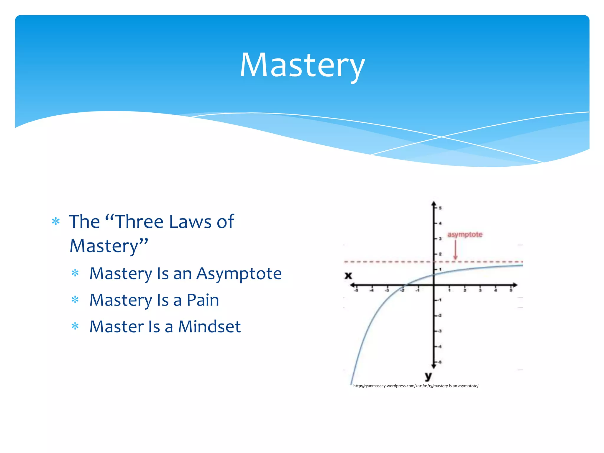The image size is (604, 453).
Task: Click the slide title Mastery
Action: (302, 65)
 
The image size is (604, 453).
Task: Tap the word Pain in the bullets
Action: (203, 300)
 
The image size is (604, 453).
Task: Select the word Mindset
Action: (209, 327)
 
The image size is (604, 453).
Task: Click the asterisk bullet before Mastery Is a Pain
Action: (75, 300)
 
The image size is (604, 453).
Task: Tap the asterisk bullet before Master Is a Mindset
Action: (75, 326)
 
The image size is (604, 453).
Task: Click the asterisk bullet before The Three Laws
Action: (56, 221)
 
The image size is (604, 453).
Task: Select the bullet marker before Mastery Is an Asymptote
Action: (75, 273)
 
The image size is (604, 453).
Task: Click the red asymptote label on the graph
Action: (465, 234)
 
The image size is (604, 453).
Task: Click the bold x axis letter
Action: (348, 275)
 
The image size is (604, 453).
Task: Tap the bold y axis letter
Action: (428, 376)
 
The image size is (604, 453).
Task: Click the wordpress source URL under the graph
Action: (416, 386)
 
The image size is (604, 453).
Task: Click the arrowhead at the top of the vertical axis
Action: (434, 204)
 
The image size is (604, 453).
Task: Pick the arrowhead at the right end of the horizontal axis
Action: (515, 285)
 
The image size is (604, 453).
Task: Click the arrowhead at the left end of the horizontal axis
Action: (352, 285)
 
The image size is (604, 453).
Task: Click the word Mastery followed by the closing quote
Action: (104, 246)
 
